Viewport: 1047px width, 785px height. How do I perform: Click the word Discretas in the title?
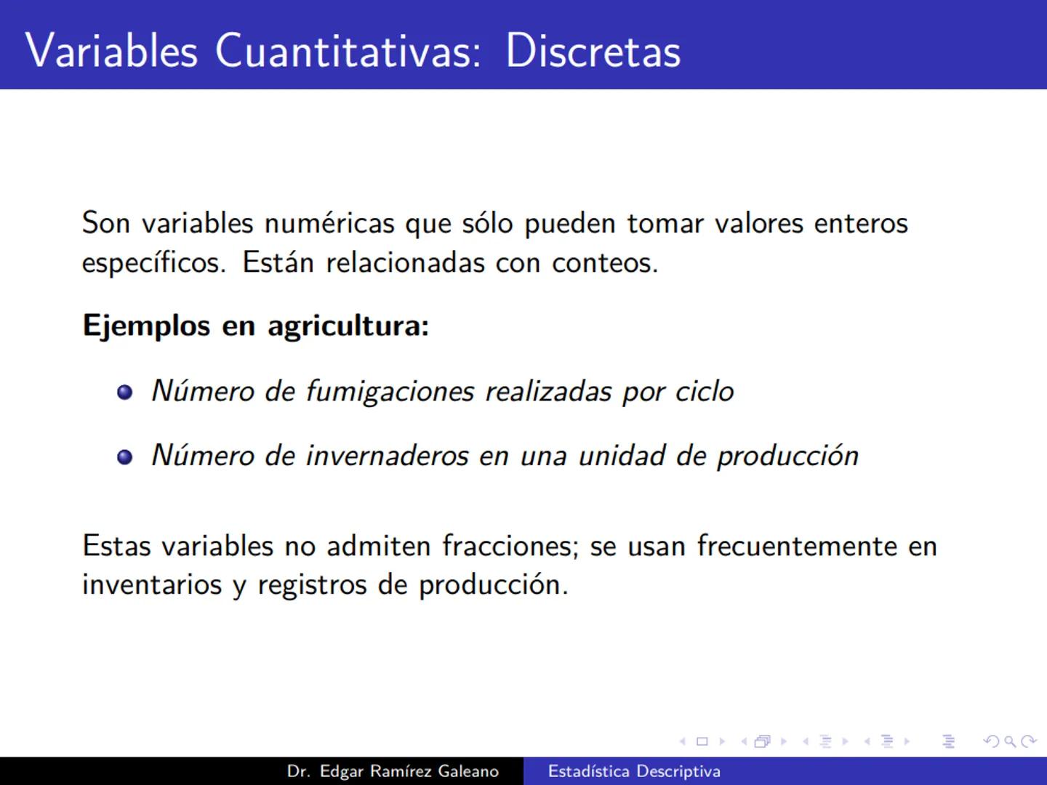pyautogui.click(x=593, y=51)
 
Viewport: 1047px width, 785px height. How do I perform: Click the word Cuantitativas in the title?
pyautogui.click(x=348, y=51)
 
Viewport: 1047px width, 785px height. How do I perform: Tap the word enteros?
pyautogui.click(x=861, y=223)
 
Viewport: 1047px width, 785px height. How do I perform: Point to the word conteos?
pyautogui.click(x=604, y=262)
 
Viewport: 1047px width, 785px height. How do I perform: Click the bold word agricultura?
pyautogui.click(x=348, y=326)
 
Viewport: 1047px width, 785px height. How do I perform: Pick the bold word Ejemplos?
pyautogui.click(x=146, y=326)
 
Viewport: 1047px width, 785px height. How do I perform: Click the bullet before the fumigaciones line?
pyautogui.click(x=125, y=392)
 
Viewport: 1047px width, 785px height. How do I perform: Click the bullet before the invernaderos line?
pyautogui.click(x=125, y=456)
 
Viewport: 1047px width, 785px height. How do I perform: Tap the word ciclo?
pyautogui.click(x=705, y=392)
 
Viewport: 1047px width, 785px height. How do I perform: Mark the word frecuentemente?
pyautogui.click(x=797, y=546)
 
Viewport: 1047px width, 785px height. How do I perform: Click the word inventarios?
pyautogui.click(x=152, y=584)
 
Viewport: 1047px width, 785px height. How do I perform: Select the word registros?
pyautogui.click(x=313, y=585)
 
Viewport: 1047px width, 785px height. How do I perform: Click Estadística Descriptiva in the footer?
pyautogui.click(x=634, y=771)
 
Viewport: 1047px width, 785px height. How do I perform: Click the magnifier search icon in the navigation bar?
pyautogui.click(x=1010, y=741)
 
